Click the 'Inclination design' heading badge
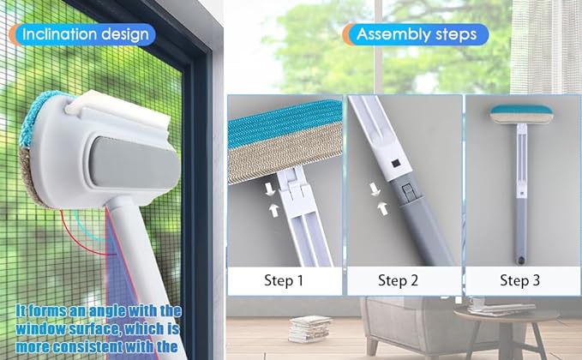(x=81, y=34)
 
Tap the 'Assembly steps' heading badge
(x=416, y=34)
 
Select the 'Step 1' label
(x=284, y=280)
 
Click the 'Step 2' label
(x=398, y=280)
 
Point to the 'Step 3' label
(x=519, y=280)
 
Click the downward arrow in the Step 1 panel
(x=270, y=189)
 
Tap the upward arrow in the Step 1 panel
(x=274, y=210)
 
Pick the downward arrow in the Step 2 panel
(x=375, y=189)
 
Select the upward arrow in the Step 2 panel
(x=382, y=208)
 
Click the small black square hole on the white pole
(x=394, y=163)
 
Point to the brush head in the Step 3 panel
(x=521, y=114)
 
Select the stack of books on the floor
(x=309, y=329)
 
